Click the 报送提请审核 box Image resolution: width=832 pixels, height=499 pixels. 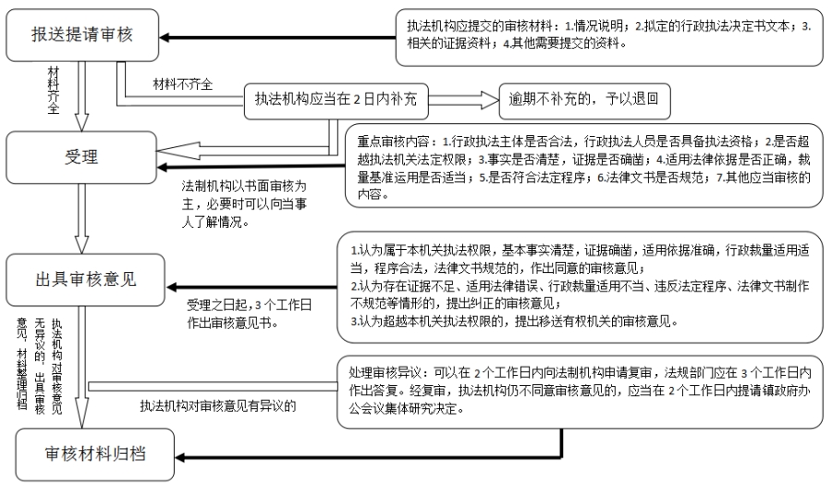point(81,36)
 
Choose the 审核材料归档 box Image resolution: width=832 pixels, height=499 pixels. point(94,455)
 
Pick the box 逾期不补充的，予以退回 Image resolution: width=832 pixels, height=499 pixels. point(582,99)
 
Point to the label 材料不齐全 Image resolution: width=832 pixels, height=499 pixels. point(183,84)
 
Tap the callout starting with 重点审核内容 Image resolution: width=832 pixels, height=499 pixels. point(581,164)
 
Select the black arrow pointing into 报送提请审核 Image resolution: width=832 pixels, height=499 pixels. point(277,37)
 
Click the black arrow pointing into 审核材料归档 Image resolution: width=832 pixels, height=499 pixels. point(370,455)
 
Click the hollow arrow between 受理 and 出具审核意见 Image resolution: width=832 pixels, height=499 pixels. point(81,215)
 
